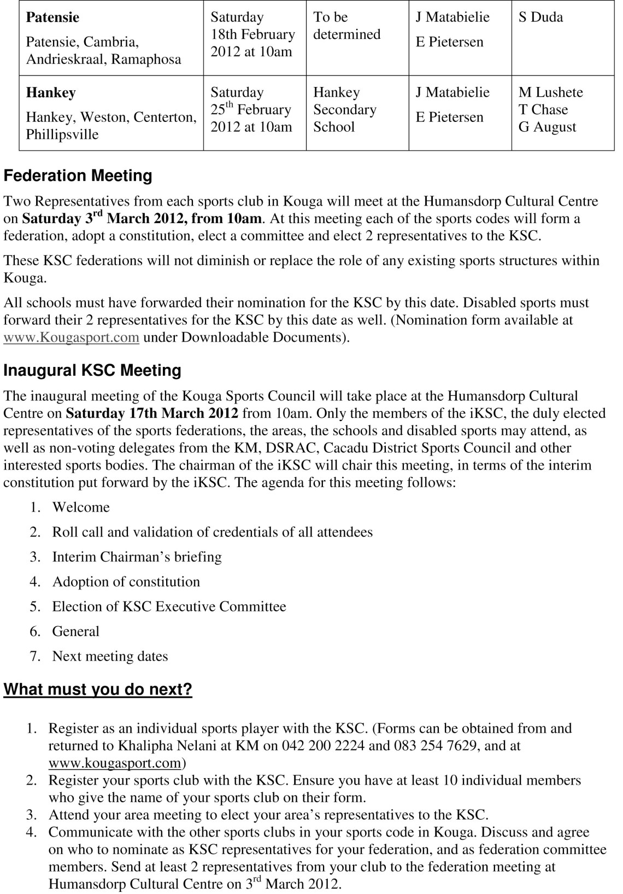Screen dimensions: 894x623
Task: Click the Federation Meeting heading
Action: [78, 176]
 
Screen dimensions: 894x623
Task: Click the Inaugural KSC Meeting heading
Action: [92, 371]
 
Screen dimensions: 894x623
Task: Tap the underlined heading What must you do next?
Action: [98, 690]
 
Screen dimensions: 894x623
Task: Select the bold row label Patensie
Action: [52, 17]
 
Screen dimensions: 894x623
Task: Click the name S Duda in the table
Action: [540, 17]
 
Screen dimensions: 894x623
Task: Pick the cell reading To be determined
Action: [346, 26]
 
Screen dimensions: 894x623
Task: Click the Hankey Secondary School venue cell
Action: [344, 109]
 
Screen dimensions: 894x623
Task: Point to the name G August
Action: [547, 127]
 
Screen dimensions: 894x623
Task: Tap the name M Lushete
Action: [550, 92]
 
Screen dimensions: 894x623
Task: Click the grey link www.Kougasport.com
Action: [71, 337]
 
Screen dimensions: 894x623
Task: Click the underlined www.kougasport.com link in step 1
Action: [115, 763]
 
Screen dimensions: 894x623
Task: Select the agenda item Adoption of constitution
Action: [126, 582]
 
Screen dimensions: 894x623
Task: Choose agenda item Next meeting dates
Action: [110, 656]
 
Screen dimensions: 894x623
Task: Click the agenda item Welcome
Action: [81, 507]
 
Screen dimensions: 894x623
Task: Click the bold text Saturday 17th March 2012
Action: [152, 413]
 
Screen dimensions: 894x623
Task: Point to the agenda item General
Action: [75, 632]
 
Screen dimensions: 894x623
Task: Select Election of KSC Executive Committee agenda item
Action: [169, 607]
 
